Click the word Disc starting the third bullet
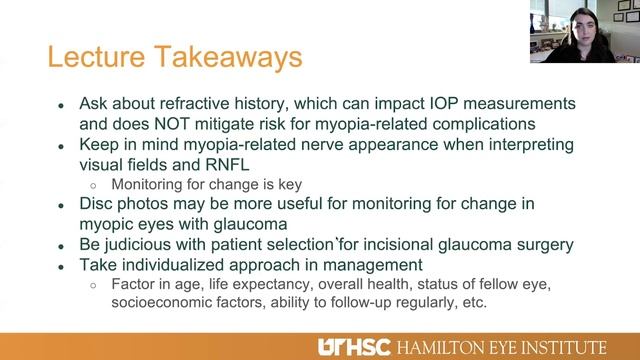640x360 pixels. (99, 204)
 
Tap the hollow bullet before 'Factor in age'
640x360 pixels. (93, 284)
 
